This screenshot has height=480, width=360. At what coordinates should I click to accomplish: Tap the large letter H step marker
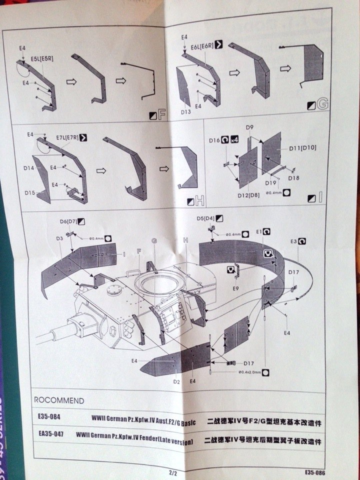[199, 201]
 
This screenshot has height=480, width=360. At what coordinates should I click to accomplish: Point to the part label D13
[186, 112]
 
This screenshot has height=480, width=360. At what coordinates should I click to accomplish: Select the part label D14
[28, 168]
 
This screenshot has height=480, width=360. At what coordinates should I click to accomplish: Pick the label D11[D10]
[302, 147]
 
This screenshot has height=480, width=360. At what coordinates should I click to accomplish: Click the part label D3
[59, 239]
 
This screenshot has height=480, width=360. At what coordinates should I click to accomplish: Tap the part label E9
[235, 288]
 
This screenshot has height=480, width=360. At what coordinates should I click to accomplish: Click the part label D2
[176, 381]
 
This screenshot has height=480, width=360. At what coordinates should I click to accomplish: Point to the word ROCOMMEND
[59, 400]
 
